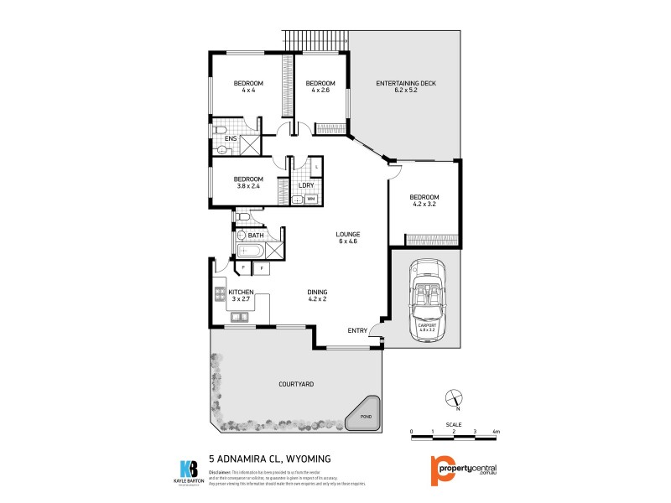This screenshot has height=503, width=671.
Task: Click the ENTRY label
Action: click(x=357, y=330)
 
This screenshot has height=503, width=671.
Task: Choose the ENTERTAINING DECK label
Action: click(x=406, y=86)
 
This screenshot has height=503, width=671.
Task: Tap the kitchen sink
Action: click(x=239, y=317)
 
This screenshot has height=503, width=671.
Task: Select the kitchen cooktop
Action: click(x=221, y=294)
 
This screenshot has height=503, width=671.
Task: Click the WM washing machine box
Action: click(x=310, y=199)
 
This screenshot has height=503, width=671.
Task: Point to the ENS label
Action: click(x=230, y=138)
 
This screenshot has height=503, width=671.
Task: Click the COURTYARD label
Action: click(x=296, y=384)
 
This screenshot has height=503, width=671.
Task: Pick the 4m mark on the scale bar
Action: click(x=497, y=432)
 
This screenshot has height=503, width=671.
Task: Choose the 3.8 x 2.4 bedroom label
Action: click(x=248, y=183)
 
